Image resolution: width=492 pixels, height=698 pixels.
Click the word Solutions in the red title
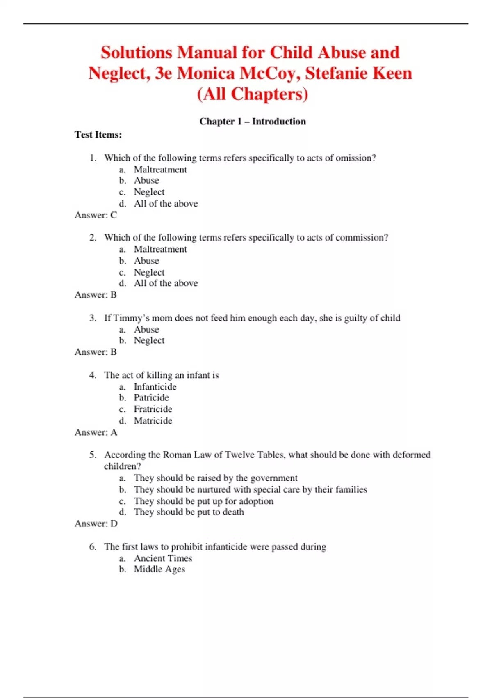pos(137,53)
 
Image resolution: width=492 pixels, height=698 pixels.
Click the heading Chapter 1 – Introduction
pos(253,121)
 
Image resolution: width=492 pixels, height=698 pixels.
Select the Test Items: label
pos(98,135)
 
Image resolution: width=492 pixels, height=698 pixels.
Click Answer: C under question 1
pos(96,215)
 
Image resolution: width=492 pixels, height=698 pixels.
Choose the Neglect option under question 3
pos(149,340)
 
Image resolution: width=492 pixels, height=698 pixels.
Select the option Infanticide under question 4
pos(155,386)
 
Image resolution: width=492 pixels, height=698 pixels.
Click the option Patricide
pos(151,397)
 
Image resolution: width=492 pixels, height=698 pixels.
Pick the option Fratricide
pos(153,409)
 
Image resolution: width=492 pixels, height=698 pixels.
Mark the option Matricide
pos(153,420)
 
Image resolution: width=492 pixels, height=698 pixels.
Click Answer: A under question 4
pos(96,432)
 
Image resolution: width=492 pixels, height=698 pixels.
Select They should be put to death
pos(189,512)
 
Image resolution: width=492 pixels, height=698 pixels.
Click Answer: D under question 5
pos(96,523)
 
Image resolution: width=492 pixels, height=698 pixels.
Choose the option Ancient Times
pos(163,558)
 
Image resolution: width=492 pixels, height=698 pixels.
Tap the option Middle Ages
pos(159,569)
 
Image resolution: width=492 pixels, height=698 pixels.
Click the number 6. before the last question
pos(93,546)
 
